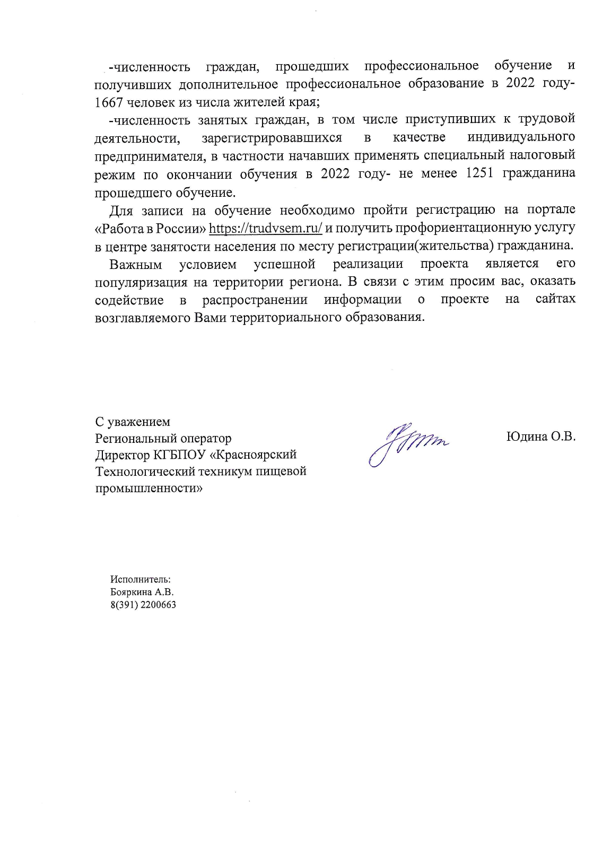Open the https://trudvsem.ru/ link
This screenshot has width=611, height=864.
[x=266, y=229]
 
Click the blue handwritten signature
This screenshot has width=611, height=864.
[x=408, y=442]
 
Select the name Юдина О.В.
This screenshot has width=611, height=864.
[x=540, y=437]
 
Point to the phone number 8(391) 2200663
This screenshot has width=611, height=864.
[x=143, y=605]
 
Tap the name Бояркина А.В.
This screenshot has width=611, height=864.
[x=142, y=592]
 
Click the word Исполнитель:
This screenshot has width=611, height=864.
[x=140, y=579]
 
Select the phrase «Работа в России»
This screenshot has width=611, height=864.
[x=150, y=229]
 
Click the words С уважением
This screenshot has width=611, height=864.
[x=133, y=422]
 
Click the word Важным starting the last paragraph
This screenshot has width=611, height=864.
[x=135, y=264]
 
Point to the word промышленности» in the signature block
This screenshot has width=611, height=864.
[x=149, y=488]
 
